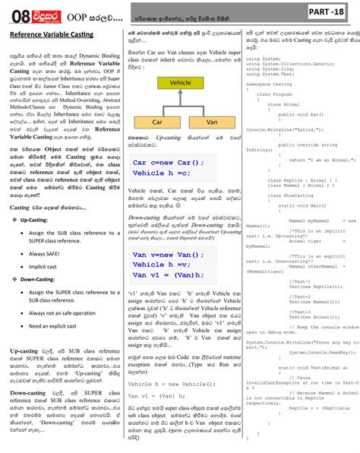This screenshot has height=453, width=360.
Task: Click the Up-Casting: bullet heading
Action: tap(36, 218)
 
